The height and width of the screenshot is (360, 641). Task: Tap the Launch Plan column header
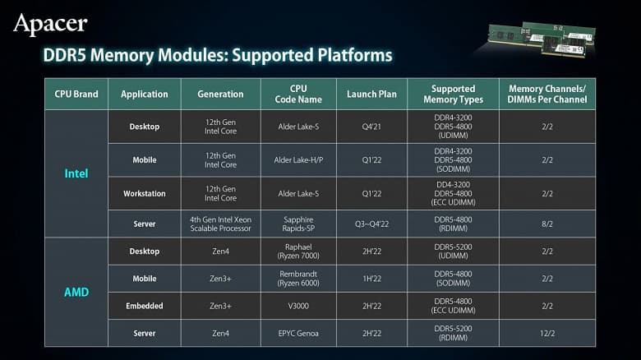(x=371, y=95)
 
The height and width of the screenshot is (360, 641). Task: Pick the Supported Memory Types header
(x=453, y=95)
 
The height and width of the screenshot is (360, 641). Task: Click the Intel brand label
(x=76, y=173)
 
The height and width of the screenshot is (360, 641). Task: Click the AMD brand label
(x=76, y=292)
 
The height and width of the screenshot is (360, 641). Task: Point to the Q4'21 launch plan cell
(x=371, y=127)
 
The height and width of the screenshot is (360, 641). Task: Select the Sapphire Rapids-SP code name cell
(x=298, y=223)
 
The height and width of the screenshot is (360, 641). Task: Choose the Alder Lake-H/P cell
(x=298, y=160)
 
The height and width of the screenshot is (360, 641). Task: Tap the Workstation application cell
(x=144, y=193)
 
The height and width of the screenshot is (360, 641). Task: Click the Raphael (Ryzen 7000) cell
(x=298, y=252)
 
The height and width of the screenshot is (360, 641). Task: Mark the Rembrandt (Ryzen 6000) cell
(x=298, y=279)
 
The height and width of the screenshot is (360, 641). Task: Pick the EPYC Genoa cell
(x=298, y=332)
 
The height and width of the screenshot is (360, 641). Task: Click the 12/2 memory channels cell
(x=547, y=332)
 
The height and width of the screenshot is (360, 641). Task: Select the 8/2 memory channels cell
(x=547, y=223)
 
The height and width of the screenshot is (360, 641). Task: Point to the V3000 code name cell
(x=298, y=306)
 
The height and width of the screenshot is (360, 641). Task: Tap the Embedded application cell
(x=144, y=306)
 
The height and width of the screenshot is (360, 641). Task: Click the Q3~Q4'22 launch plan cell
(x=371, y=223)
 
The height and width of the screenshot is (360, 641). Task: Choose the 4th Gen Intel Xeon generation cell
(x=220, y=223)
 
